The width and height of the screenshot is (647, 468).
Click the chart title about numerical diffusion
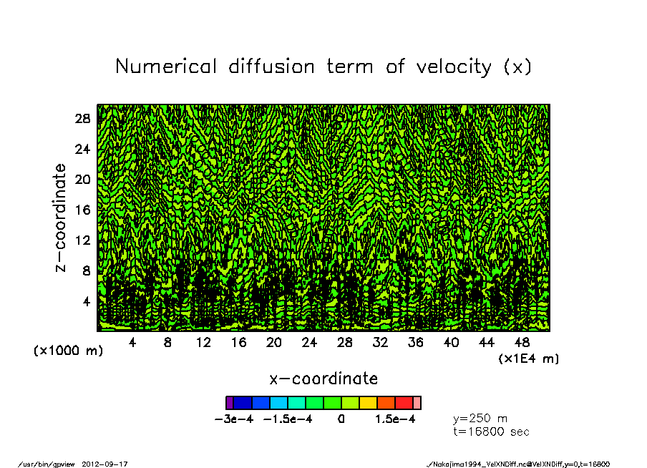coord(323,67)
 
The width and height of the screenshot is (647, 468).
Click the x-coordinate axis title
coord(323,378)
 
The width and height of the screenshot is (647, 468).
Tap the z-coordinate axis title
coord(61,218)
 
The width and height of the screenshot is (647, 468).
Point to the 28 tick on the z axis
coord(82,119)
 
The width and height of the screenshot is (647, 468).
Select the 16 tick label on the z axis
coord(82,210)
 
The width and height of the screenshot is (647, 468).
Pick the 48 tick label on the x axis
coord(522,342)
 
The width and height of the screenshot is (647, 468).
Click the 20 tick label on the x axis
coord(274,342)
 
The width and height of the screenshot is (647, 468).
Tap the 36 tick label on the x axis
coord(416,342)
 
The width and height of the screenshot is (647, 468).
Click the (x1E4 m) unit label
coord(529,358)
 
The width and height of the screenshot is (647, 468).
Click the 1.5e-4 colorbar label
coord(395,419)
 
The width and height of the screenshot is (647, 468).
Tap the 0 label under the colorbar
coord(341,419)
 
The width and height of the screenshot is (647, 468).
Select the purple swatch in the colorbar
coord(230,403)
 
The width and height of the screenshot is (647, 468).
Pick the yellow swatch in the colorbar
coord(368,403)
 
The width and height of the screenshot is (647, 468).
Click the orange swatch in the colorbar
coord(386,403)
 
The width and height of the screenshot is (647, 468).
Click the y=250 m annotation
coord(481,419)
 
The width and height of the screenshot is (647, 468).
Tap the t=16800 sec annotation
coord(492,432)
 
